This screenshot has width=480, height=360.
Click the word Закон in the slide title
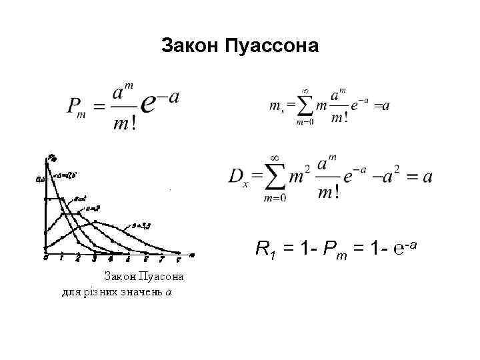tap(191, 46)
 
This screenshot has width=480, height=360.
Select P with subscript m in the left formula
tap(78, 107)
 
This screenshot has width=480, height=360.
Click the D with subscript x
tap(239, 177)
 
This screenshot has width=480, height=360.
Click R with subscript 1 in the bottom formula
tap(265, 251)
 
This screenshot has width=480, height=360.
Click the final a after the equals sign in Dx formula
tap(427, 177)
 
